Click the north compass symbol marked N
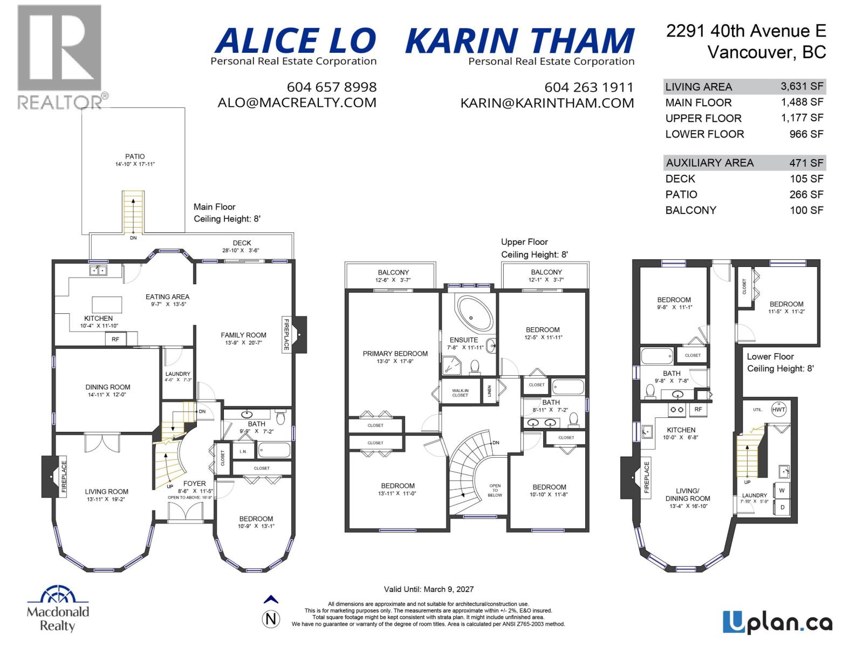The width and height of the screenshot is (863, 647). tap(271, 618)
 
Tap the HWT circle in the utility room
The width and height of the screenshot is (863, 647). tap(778, 409)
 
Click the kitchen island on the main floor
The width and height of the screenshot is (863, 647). tap(107, 305)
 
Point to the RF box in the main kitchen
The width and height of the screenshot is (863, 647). tap(115, 339)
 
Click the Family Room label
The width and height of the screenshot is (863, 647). tap(243, 335)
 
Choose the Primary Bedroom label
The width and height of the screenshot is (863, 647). tap(395, 354)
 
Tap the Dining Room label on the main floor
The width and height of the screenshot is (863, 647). tap(108, 387)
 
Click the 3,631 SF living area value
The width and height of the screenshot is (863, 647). tap(802, 86)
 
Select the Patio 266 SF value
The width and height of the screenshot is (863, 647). tap(806, 195)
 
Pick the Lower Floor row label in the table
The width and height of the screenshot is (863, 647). tap(704, 134)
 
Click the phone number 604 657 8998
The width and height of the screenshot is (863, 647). tap(331, 87)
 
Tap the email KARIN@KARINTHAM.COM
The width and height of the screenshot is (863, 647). tap(547, 103)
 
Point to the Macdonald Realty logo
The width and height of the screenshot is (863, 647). tap(58, 609)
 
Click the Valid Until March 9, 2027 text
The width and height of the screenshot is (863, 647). tap(428, 589)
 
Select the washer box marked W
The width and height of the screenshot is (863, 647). tap(782, 491)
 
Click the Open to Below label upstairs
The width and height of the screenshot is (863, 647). tap(495, 490)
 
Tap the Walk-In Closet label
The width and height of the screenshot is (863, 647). tap(460, 393)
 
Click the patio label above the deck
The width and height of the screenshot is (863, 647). tap(135, 156)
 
